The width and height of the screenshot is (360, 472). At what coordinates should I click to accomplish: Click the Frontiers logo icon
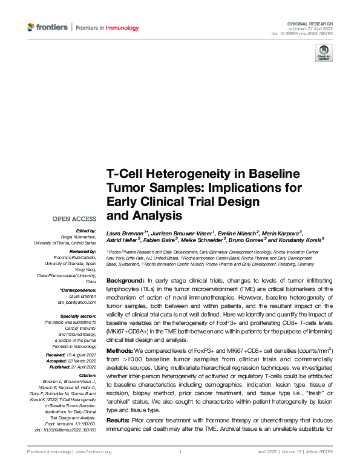31,27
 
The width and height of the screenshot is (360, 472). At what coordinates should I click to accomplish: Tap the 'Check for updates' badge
323,53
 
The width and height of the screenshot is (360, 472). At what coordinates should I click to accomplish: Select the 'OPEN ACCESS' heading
74,218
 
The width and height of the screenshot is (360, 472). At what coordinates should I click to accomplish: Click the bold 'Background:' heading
126,282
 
